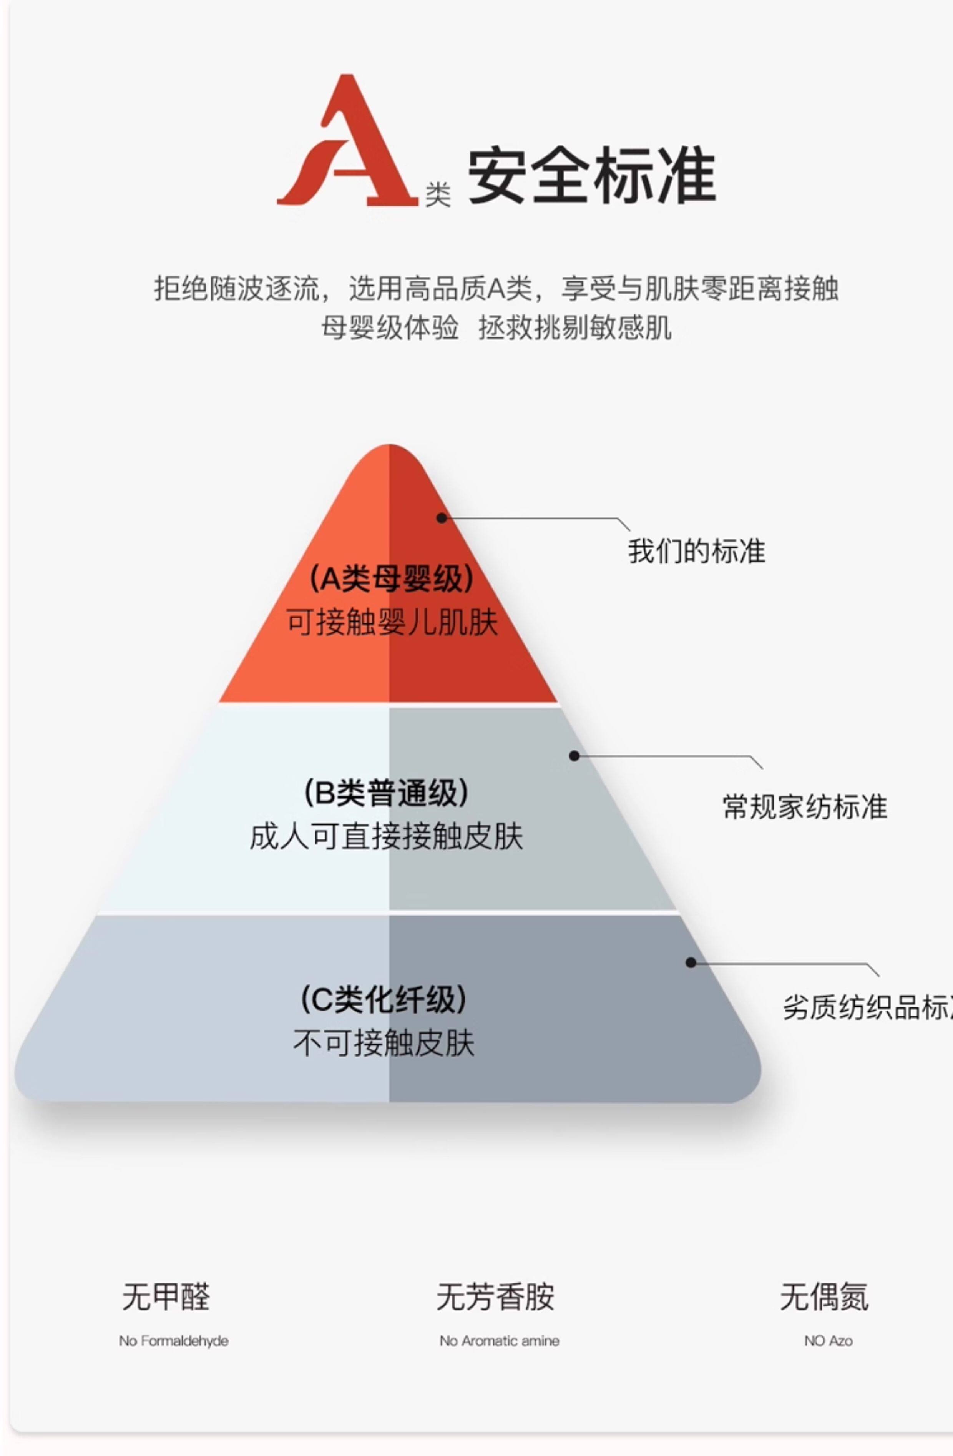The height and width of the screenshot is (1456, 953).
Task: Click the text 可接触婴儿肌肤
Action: coord(392,622)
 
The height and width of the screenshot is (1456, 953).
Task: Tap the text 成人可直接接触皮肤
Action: coord(386,836)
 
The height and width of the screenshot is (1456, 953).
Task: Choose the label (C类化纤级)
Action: coord(384,1000)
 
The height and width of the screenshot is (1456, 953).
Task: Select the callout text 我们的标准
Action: coord(696,550)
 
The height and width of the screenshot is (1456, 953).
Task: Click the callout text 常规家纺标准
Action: coord(804,806)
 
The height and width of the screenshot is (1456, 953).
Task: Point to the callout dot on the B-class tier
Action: coord(574,756)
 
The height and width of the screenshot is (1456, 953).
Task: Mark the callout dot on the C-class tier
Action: coord(691,963)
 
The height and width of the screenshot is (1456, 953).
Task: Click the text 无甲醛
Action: coord(166,1296)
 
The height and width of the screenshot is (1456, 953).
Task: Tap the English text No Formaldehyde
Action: coord(174,1340)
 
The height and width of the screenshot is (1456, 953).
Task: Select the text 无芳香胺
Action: coord(495,1296)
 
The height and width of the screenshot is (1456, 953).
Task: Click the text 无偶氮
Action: coord(824,1296)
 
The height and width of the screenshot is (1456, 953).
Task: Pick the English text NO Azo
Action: coord(828,1340)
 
